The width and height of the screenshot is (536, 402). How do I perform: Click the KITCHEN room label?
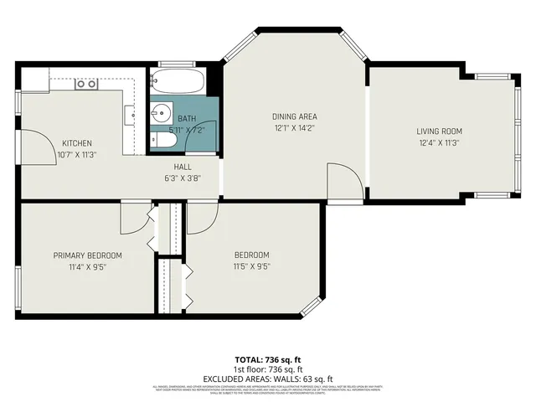(x=76, y=143)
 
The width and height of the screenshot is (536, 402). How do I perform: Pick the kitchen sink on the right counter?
(x=130, y=112)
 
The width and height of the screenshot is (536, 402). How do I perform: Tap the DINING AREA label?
(x=295, y=116)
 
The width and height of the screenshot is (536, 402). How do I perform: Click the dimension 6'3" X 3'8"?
(x=183, y=178)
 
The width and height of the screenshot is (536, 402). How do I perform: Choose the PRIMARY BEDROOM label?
(x=88, y=255)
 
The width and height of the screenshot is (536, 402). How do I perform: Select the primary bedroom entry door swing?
(x=131, y=219)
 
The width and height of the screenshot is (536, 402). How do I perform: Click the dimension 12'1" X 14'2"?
(x=295, y=128)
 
